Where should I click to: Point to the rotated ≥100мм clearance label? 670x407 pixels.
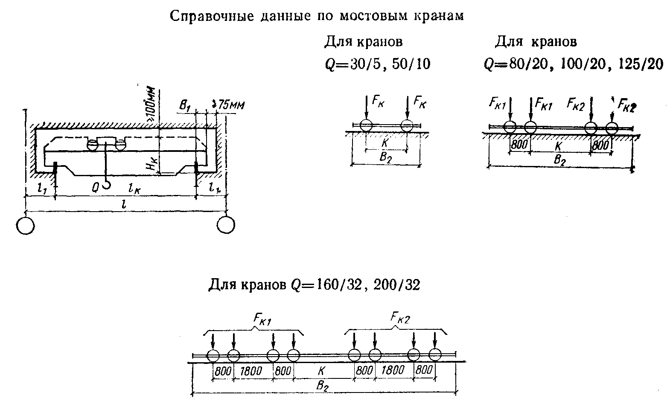click(151, 107)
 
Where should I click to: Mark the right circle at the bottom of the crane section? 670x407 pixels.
click(226, 224)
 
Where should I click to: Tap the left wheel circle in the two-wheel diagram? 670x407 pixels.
click(366, 125)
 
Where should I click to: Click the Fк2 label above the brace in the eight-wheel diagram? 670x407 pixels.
click(400, 318)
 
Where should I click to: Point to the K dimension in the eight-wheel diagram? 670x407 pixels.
click(321, 371)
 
